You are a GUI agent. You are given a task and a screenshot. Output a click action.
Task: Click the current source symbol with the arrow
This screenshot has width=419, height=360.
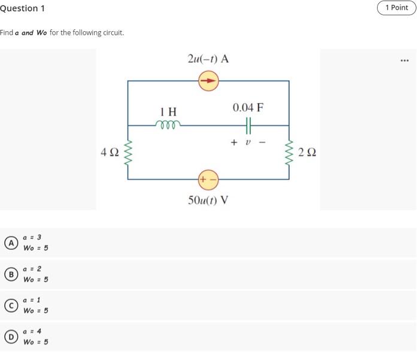(208, 81)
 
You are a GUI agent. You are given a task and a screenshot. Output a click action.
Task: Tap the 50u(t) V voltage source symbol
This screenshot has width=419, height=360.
(208, 179)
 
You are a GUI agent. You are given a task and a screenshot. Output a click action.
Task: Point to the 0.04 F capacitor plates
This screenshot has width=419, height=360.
(248, 125)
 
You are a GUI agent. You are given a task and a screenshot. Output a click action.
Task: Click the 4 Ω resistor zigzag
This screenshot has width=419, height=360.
(127, 153)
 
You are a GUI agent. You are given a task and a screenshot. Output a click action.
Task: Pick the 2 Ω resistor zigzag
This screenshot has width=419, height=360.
(289, 153)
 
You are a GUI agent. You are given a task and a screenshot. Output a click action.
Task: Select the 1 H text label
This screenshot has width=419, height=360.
(168, 111)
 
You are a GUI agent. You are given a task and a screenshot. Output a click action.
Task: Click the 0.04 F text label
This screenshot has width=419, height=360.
(248, 108)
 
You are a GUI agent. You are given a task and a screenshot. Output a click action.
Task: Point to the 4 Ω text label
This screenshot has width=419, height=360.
(110, 153)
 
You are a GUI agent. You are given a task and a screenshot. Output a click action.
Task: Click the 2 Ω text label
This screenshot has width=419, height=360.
(306, 153)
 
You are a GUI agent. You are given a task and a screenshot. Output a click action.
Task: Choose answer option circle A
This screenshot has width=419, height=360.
(10, 243)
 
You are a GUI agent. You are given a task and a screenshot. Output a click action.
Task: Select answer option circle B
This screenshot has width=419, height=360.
(10, 274)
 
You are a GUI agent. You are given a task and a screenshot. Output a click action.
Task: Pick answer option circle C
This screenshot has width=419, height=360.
(10, 305)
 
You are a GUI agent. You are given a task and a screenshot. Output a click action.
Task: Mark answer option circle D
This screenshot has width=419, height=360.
(10, 337)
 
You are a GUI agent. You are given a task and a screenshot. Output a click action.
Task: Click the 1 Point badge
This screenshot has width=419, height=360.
(396, 8)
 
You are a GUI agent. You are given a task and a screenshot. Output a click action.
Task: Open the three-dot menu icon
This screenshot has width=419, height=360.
(405, 60)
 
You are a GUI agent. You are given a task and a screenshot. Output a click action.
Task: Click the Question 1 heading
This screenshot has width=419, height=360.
(22, 8)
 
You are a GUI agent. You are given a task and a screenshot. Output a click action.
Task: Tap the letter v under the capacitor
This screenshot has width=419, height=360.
(247, 143)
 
